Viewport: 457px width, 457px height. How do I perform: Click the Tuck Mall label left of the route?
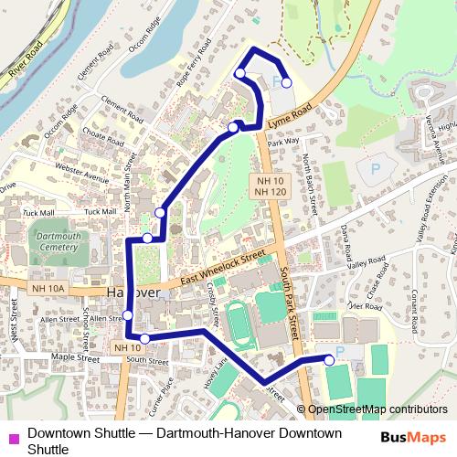(x=101, y=211)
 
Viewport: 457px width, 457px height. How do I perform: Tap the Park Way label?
(x=284, y=142)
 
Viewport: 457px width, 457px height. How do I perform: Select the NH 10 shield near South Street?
(x=126, y=347)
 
